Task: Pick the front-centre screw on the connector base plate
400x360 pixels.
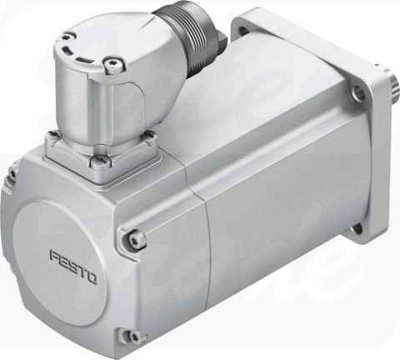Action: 99,153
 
